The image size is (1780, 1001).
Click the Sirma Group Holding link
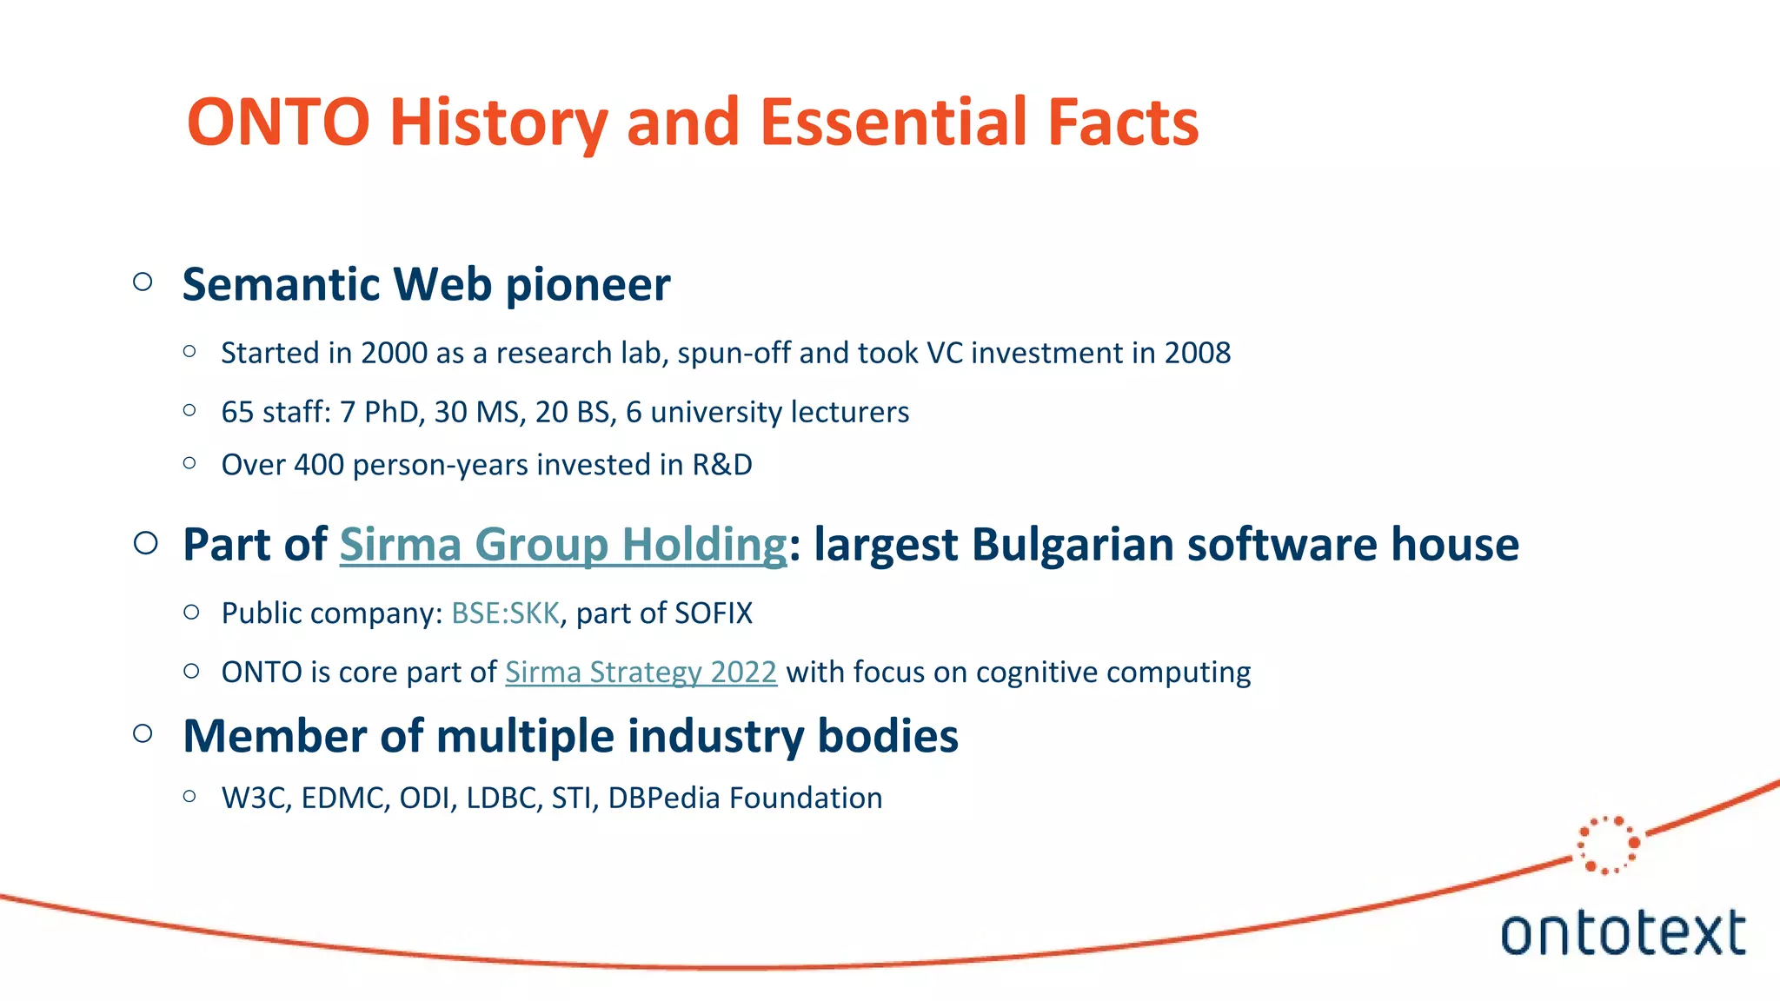562,545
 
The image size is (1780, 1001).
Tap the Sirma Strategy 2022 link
641,672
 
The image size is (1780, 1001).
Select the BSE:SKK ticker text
505,613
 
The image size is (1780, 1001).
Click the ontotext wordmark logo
1622,933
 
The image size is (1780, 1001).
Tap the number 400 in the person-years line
319,465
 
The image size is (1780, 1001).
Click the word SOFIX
713,613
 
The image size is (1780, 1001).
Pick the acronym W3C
254,798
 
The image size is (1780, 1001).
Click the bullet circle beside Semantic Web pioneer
143,282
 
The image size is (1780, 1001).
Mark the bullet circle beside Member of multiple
143,733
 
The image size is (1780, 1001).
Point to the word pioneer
588,285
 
